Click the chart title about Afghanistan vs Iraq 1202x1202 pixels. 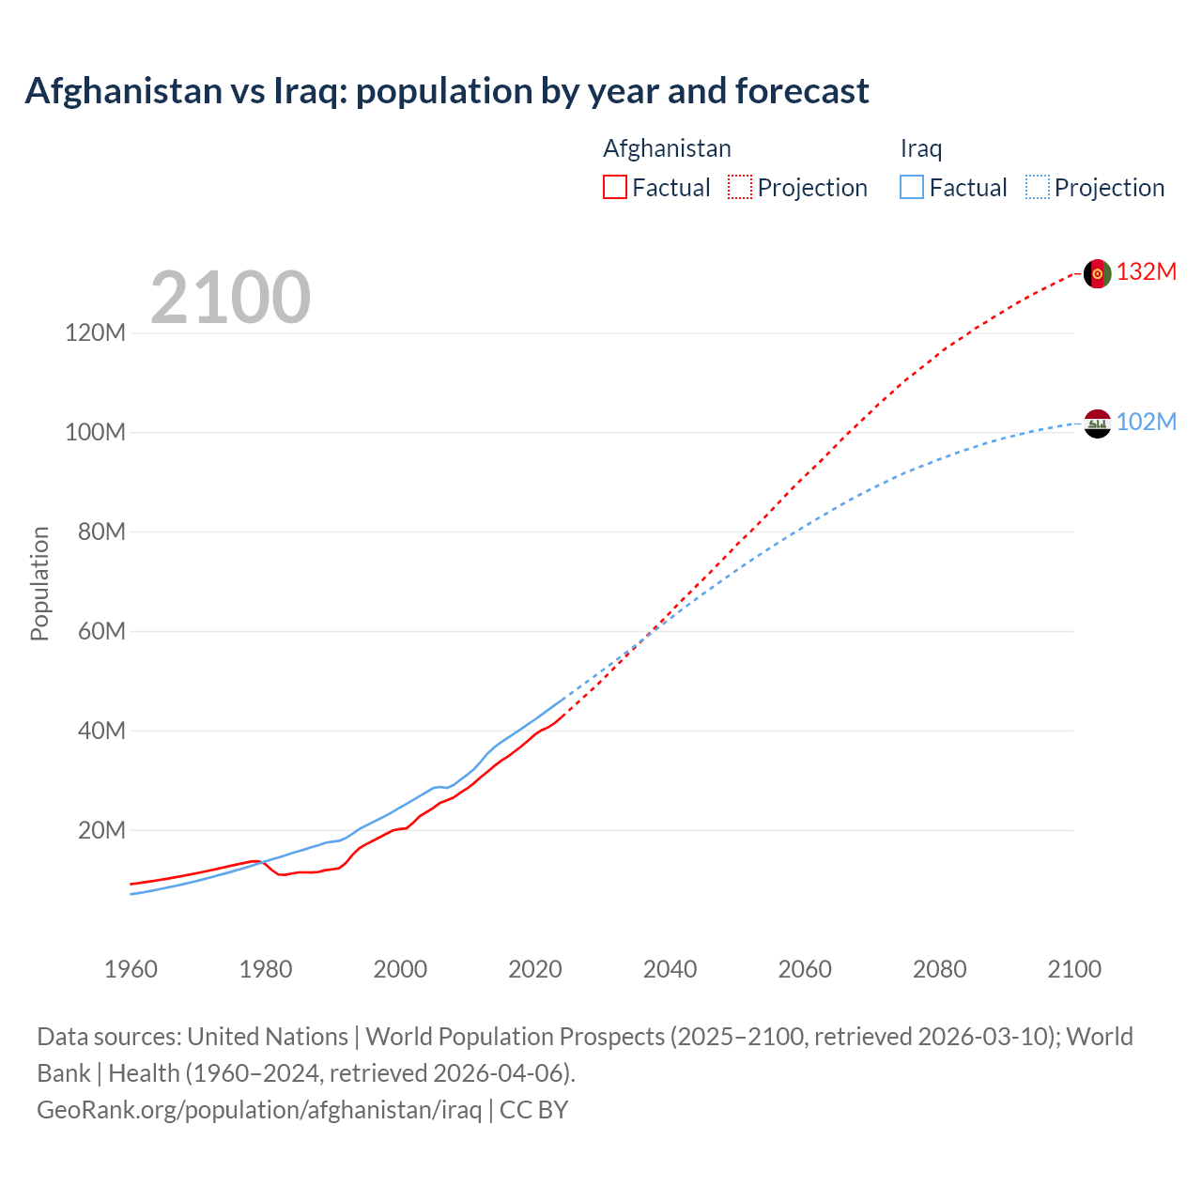(447, 91)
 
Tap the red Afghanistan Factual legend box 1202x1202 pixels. (614, 187)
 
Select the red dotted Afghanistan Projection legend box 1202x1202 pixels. (740, 187)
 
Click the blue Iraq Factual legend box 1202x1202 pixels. (911, 187)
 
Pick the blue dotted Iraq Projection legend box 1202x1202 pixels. (1037, 187)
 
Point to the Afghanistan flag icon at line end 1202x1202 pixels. (1097, 273)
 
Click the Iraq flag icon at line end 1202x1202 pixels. (1097, 424)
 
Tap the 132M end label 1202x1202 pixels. (1146, 271)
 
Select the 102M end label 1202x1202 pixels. (1146, 422)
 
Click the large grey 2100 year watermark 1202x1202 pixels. (230, 298)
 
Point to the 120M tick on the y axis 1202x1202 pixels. (95, 332)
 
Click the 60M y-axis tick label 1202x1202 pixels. (100, 631)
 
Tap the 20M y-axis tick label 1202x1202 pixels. (100, 830)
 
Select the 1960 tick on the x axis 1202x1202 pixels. (131, 969)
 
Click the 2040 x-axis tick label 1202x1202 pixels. (670, 969)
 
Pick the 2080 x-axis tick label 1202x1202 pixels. (939, 969)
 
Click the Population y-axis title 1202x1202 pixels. (39, 583)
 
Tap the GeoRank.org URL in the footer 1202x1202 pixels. (259, 1109)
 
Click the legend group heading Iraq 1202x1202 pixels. (920, 148)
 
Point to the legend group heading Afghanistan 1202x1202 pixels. (667, 148)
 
